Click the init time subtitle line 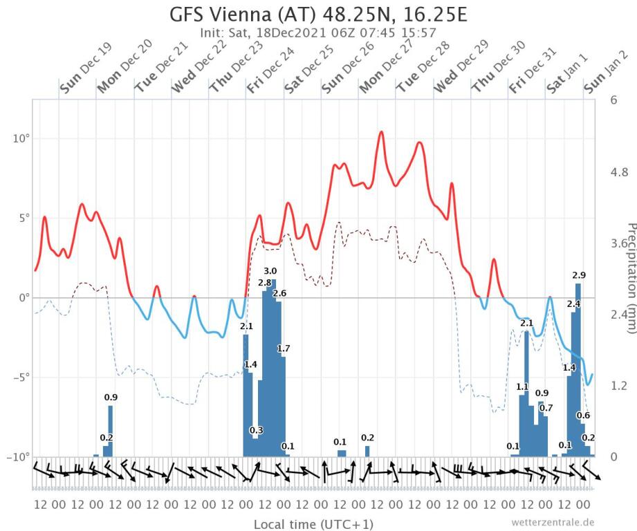(317, 32)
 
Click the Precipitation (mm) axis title (630, 277)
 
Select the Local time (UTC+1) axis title (313, 523)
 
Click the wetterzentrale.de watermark (553, 522)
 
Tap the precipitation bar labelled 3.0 (273, 366)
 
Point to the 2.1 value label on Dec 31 (526, 323)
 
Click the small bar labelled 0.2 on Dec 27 (367, 451)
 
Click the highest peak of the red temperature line (381, 132)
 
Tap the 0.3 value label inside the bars (256, 430)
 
